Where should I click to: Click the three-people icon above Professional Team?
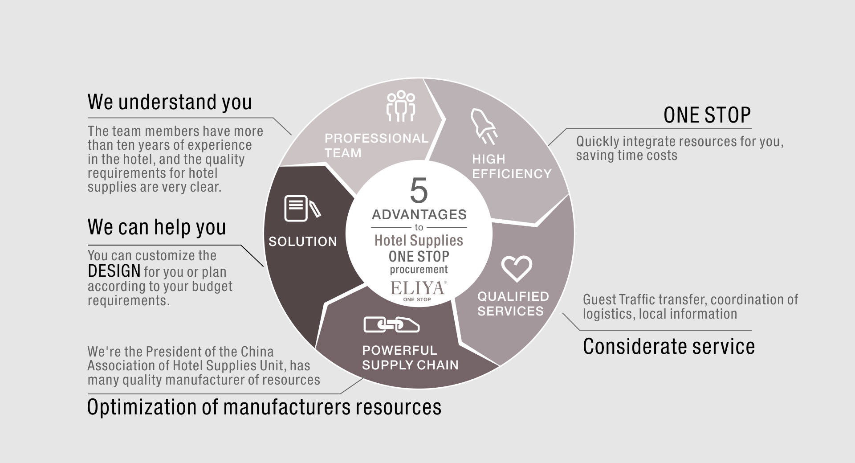(x=401, y=106)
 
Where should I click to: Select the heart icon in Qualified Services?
(x=517, y=269)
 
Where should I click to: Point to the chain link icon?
(x=391, y=324)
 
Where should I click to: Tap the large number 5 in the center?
(x=419, y=191)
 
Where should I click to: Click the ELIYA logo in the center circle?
(x=419, y=291)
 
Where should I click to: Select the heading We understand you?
(x=170, y=102)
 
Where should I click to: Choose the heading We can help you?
(x=157, y=227)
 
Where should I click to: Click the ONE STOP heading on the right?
(x=707, y=115)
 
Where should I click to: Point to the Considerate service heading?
(x=669, y=346)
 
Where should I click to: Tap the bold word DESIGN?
(x=114, y=271)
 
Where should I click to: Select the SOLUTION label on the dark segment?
(x=303, y=242)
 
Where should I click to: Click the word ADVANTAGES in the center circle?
(x=419, y=215)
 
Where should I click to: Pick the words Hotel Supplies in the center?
(x=419, y=241)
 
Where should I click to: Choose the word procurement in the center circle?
(x=419, y=270)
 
